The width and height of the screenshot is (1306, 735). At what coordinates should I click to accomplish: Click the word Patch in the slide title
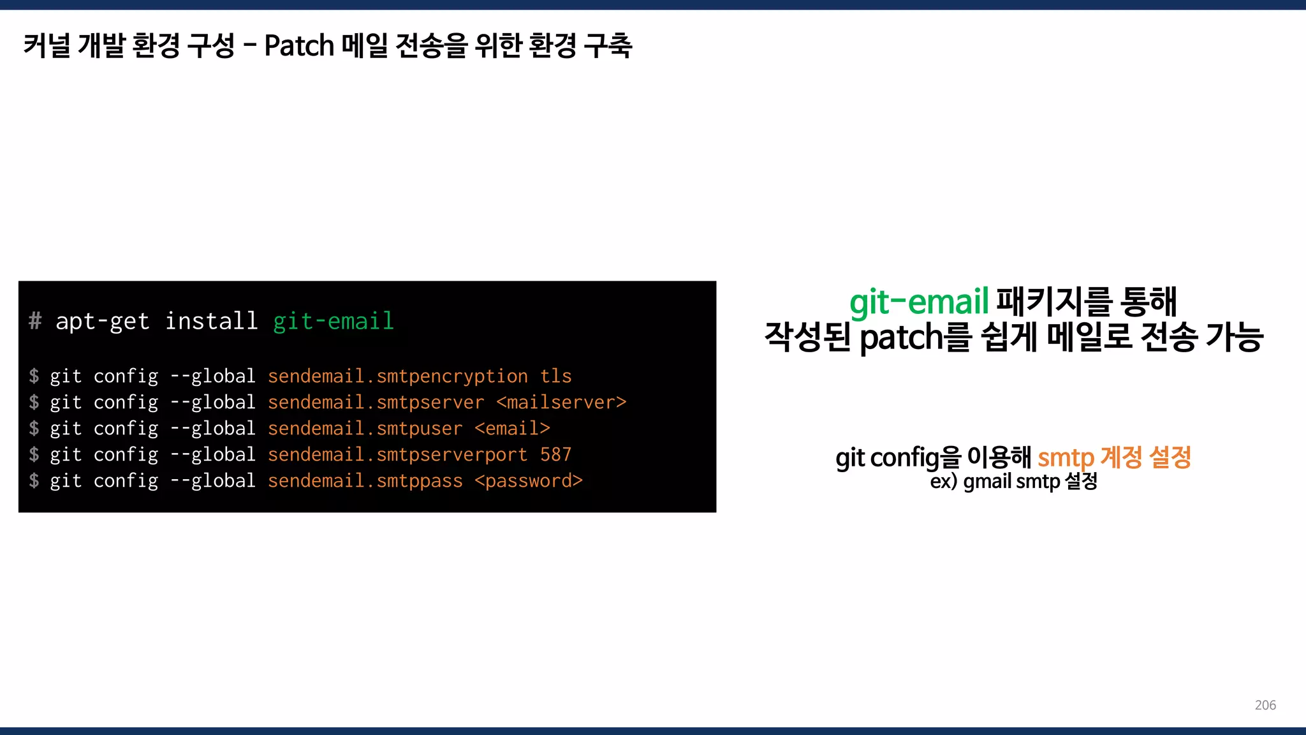click(x=299, y=46)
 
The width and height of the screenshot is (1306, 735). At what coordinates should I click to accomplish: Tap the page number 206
click(x=1265, y=705)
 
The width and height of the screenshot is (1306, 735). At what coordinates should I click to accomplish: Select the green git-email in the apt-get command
click(x=334, y=321)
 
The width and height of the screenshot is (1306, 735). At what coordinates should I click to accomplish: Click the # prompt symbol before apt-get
click(x=35, y=321)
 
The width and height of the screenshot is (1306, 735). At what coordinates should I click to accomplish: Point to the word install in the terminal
click(x=211, y=321)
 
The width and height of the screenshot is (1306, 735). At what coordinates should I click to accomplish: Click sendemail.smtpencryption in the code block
click(x=397, y=376)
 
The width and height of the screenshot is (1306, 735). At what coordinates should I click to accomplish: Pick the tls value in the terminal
click(x=556, y=376)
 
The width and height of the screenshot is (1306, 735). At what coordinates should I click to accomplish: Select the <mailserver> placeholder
click(x=561, y=403)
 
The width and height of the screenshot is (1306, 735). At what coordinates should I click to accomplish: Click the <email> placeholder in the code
click(x=512, y=429)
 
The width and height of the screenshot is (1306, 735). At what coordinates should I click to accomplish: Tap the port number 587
click(x=556, y=455)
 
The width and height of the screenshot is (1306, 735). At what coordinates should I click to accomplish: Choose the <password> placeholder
click(x=529, y=481)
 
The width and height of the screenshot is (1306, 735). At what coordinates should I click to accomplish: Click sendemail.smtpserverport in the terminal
click(x=397, y=455)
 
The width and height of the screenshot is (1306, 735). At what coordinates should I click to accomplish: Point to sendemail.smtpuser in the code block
click(x=365, y=429)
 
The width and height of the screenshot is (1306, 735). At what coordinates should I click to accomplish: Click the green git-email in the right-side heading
click(x=919, y=302)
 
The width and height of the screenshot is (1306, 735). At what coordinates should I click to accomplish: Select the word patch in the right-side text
click(x=901, y=338)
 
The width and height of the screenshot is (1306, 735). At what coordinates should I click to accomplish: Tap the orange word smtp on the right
click(x=1066, y=458)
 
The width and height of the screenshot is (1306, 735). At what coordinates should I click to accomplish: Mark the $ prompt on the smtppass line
click(x=34, y=481)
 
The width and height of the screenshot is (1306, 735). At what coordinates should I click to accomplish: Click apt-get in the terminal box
click(x=102, y=321)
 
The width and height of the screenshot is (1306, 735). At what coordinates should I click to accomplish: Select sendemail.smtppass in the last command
click(x=365, y=481)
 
